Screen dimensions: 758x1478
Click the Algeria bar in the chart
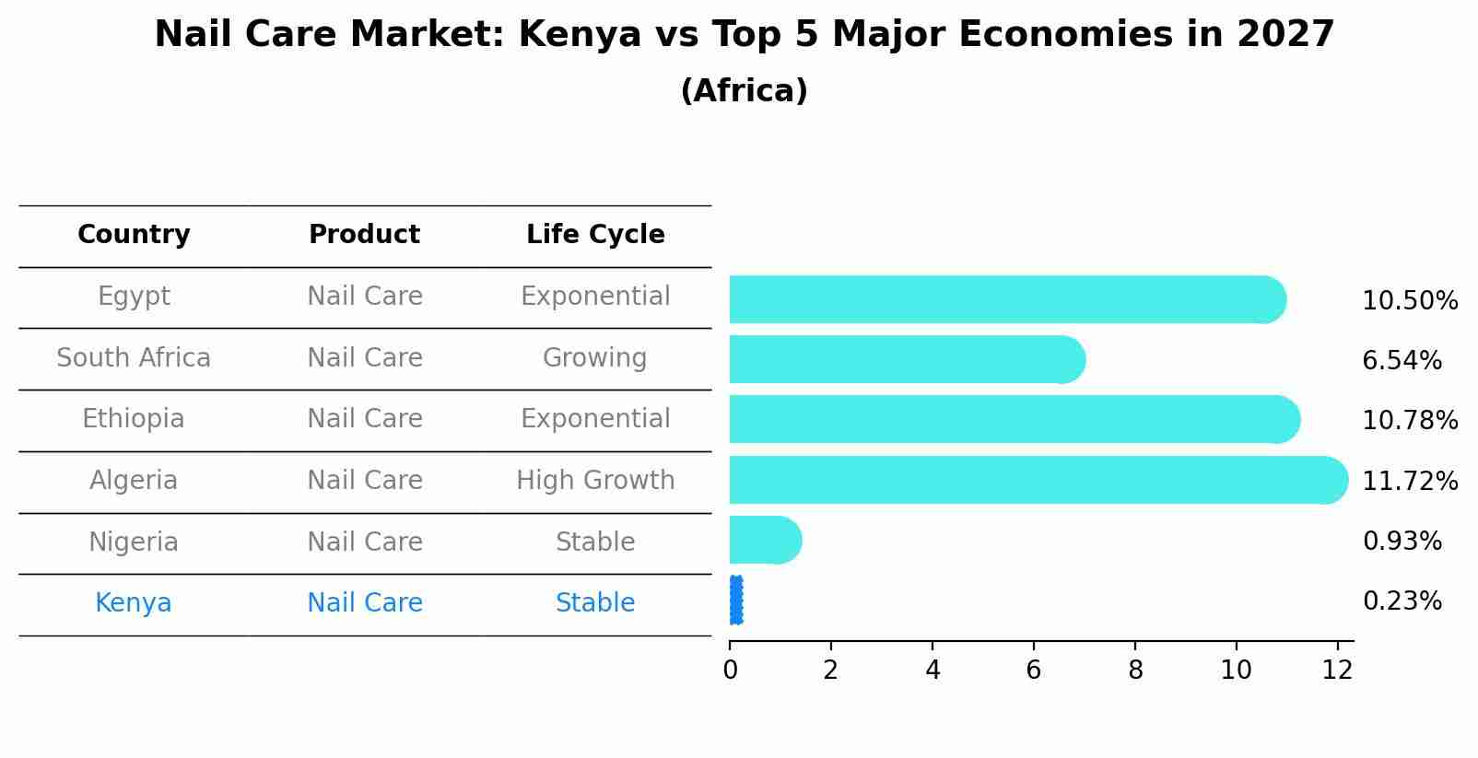pos(1032,480)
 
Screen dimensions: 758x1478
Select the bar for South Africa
pos(903,359)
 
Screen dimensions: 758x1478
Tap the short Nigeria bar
pos(763,540)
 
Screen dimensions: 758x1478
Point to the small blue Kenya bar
pos(735,601)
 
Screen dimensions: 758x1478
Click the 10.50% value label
pos(1409,301)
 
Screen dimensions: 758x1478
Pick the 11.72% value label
pos(1409,482)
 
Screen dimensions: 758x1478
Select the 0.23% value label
pos(1402,601)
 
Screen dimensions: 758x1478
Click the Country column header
pos(134,235)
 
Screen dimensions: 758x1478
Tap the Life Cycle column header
pos(595,235)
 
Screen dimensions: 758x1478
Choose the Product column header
pos(364,235)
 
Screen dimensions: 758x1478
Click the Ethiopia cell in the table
pos(134,419)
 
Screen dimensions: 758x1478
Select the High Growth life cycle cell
pos(595,481)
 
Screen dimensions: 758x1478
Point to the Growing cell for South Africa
pos(594,358)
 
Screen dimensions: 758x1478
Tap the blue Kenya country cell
pos(134,603)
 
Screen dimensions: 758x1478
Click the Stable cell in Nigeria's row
pos(595,542)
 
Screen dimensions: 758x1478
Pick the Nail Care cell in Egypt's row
pos(364,297)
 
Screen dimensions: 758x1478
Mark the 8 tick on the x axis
pos(1135,671)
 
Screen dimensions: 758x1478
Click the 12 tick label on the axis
pos(1337,671)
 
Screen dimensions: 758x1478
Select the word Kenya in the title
pos(580,35)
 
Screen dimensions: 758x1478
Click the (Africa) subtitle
pos(744,91)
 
